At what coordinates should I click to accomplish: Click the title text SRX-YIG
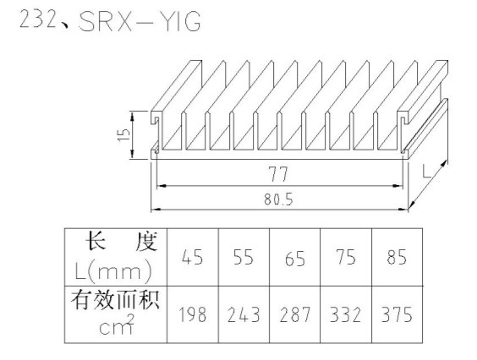tap(140, 21)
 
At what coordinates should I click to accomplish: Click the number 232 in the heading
tap(38, 19)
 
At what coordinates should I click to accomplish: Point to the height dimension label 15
tap(124, 135)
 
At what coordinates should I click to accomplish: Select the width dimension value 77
tap(278, 174)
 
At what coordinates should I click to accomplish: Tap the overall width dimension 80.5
tap(278, 199)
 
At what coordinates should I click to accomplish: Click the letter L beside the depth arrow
tap(427, 172)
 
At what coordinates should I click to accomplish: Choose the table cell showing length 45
tap(192, 257)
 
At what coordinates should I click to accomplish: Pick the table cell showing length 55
tap(244, 257)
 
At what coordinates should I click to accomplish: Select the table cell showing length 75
tap(346, 257)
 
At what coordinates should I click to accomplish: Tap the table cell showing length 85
tap(397, 257)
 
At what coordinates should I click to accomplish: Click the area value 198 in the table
tap(192, 314)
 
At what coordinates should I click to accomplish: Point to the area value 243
tap(244, 314)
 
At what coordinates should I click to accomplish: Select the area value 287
tap(295, 314)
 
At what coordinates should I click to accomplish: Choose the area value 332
tap(346, 314)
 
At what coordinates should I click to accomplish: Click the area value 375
tap(397, 314)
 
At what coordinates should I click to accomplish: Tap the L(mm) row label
tap(113, 270)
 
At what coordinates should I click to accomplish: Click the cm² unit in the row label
tap(117, 325)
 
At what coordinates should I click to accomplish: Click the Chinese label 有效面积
tap(116, 300)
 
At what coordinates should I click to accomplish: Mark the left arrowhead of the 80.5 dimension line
tap(156, 210)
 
